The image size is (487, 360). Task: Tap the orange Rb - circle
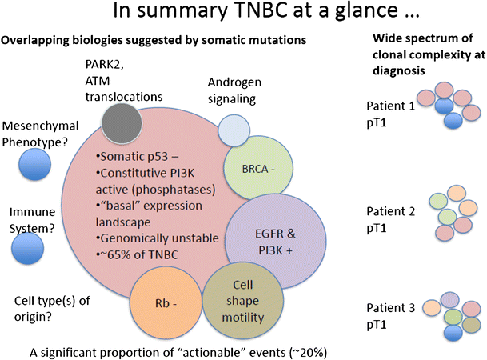[x=165, y=303]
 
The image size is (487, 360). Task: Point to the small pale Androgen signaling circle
[x=234, y=130]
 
